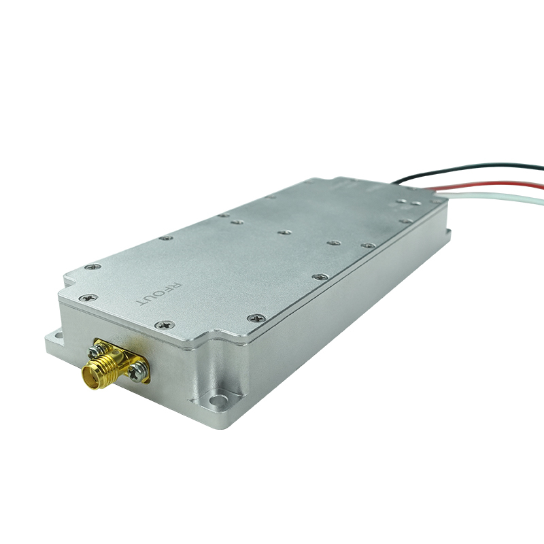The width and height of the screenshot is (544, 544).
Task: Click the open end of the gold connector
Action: click(x=90, y=377)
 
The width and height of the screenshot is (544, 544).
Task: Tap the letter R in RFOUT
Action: click(x=177, y=286)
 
